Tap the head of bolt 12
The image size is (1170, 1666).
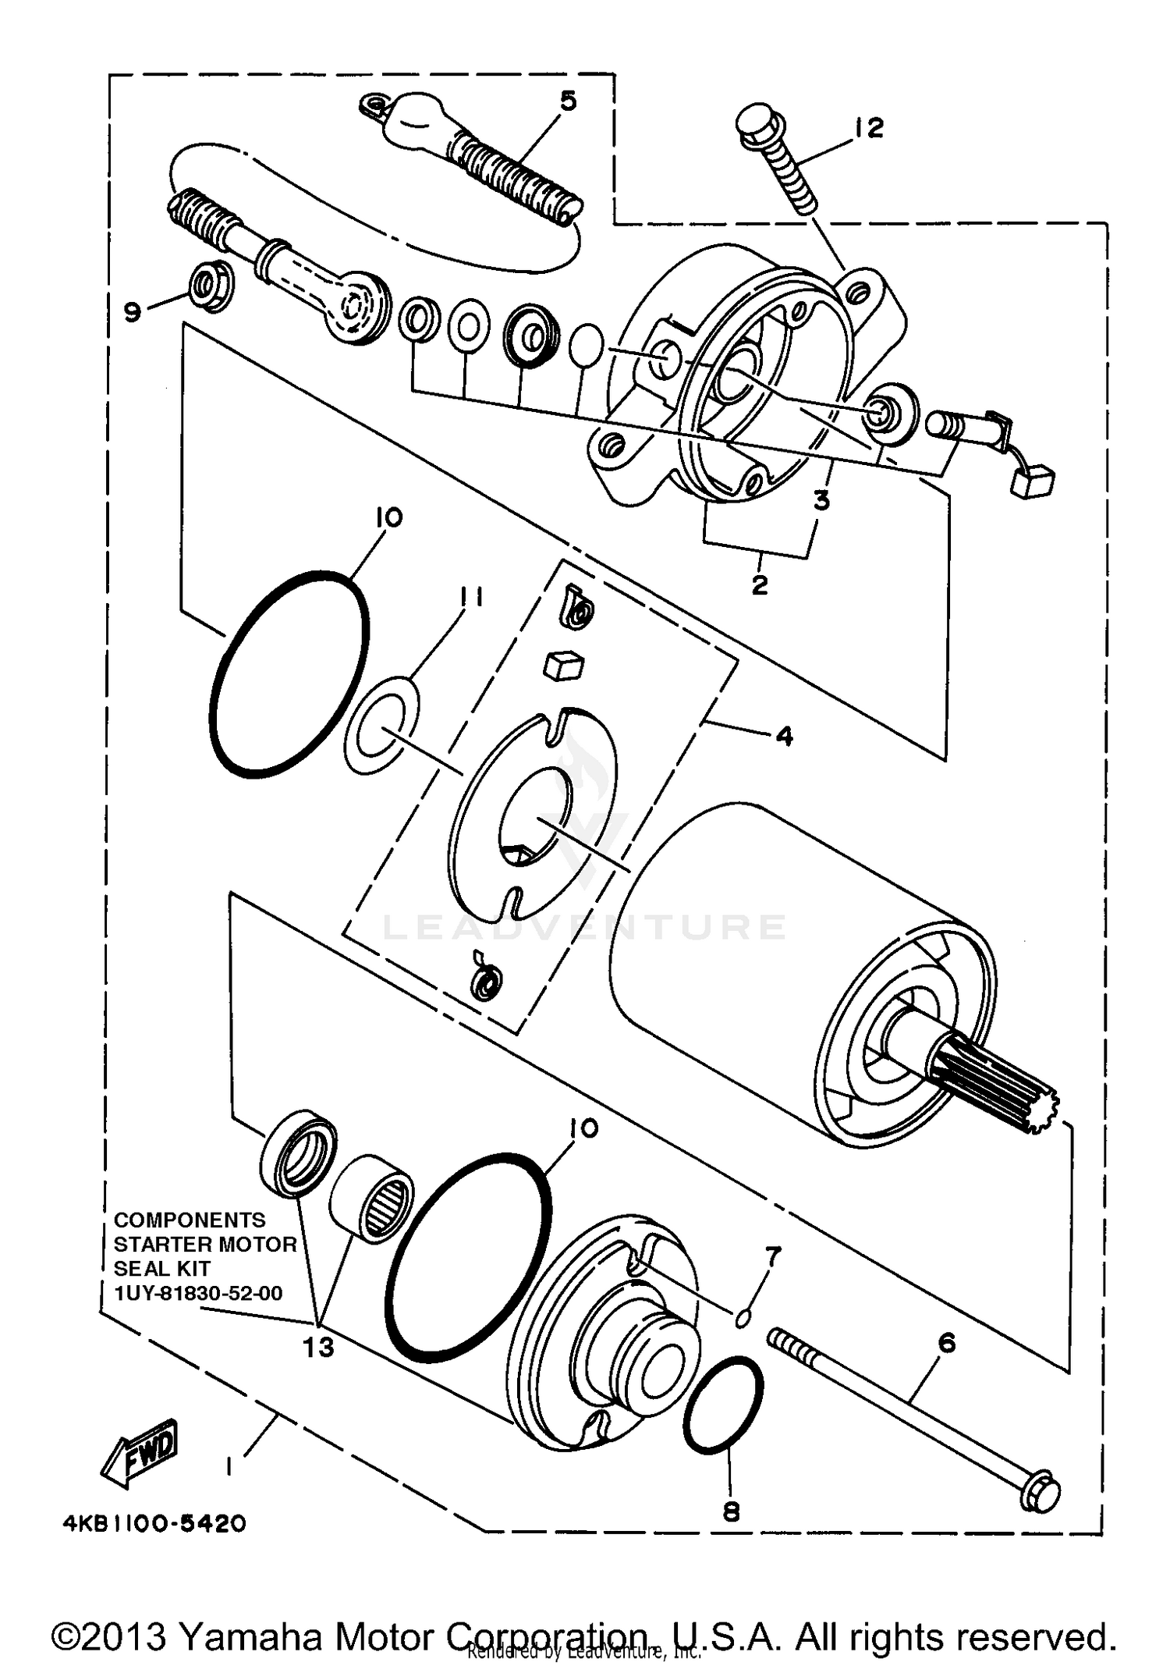click(758, 124)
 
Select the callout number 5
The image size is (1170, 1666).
click(569, 101)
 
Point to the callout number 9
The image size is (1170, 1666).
click(133, 312)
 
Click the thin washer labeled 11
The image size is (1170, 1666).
click(381, 726)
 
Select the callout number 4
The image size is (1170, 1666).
click(784, 736)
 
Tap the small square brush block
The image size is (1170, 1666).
click(564, 666)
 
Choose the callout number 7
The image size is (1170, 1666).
click(772, 1256)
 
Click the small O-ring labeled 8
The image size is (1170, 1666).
click(723, 1405)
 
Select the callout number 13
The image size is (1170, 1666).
click(318, 1346)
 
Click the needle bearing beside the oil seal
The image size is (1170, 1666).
click(372, 1205)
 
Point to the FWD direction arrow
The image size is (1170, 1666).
click(141, 1451)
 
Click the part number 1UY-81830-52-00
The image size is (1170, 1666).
click(198, 1293)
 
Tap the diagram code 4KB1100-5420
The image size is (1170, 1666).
click(154, 1522)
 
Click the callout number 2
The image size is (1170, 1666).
click(760, 584)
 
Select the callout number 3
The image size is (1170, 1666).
click(821, 501)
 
